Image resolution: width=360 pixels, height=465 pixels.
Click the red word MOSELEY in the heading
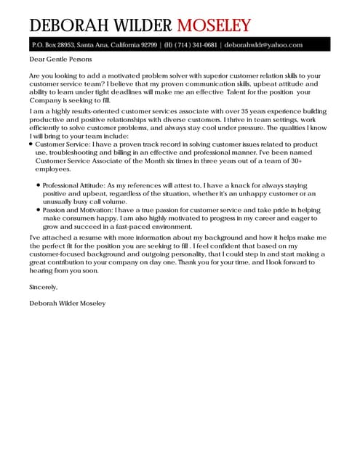click(215, 25)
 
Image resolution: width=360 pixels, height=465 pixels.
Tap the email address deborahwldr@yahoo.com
click(263, 44)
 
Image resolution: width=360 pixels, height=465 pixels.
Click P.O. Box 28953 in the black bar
click(54, 44)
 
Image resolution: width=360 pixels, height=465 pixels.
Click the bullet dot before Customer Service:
click(31, 145)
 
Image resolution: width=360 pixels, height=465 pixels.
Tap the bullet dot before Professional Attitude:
click(37, 185)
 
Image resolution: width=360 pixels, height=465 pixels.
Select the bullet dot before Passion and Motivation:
click(37, 209)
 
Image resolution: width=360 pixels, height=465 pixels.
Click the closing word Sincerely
click(43, 288)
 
